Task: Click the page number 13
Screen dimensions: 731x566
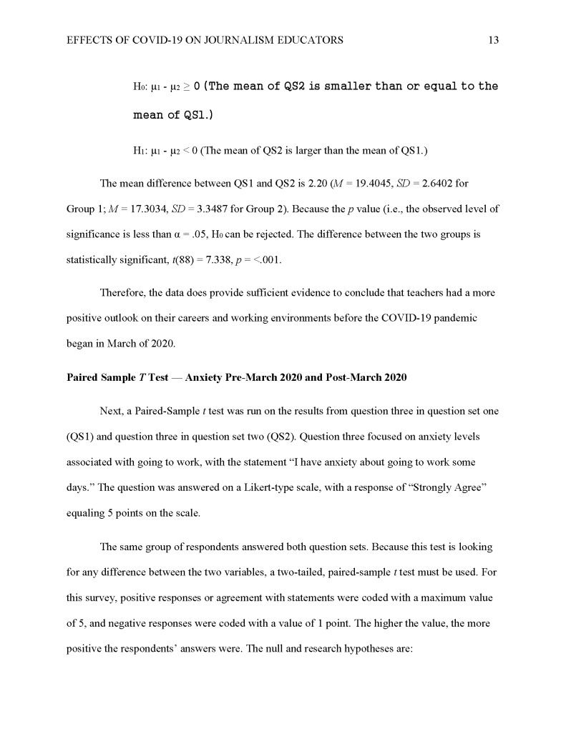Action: coord(493,41)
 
